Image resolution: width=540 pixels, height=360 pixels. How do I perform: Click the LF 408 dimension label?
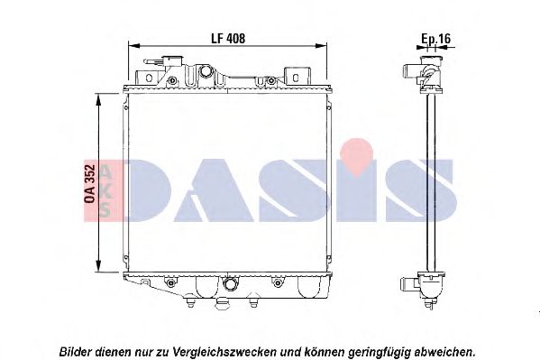228,38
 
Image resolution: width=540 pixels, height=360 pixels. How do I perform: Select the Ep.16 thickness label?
435,39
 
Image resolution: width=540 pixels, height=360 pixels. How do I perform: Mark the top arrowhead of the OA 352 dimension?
101,93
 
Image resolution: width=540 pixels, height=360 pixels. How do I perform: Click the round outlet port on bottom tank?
231,285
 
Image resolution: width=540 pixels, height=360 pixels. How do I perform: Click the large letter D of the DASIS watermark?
151,192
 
